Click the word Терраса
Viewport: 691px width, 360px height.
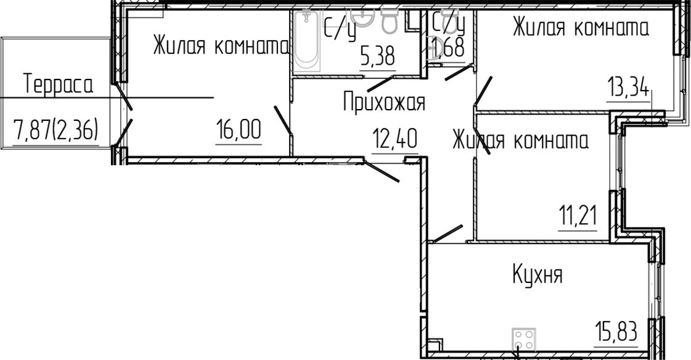point(59,84)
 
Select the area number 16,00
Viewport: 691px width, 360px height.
point(239,130)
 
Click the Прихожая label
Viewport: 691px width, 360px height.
point(384,102)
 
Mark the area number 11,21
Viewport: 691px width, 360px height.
point(578,217)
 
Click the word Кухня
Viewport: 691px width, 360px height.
point(538,275)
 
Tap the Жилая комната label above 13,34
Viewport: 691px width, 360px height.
point(581,28)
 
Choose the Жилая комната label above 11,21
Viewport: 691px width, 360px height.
point(521,141)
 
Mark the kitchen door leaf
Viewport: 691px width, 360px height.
point(448,234)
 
